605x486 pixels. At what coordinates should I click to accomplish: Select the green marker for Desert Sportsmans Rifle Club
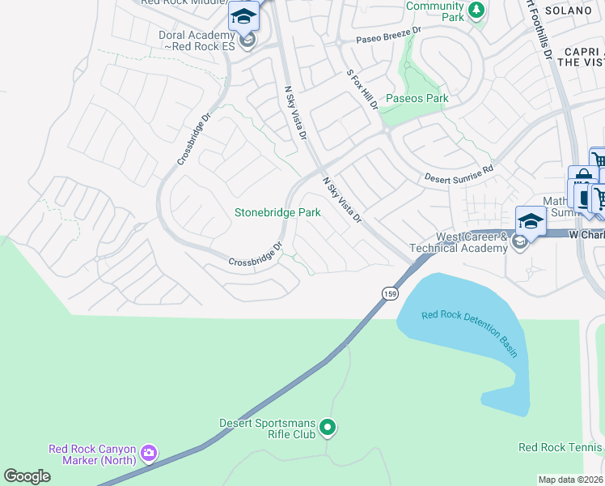(328, 426)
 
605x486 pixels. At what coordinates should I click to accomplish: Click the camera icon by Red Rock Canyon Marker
(148, 453)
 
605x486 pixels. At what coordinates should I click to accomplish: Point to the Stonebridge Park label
(277, 213)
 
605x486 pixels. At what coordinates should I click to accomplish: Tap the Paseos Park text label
(417, 99)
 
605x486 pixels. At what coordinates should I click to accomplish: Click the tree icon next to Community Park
(477, 10)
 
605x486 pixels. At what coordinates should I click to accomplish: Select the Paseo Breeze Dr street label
(389, 34)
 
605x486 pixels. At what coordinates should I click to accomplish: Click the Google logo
(27, 475)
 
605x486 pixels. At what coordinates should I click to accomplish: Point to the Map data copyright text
(571, 479)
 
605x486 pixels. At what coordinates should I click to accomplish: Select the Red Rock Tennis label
(561, 447)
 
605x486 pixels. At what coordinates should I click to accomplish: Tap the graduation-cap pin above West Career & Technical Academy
(530, 220)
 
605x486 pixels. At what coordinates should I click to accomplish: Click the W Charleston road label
(586, 235)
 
